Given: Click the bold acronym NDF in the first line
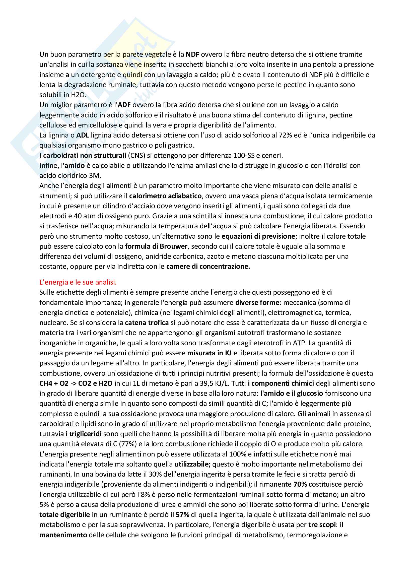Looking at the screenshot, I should click(192, 54).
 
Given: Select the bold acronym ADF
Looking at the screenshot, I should click(124, 105).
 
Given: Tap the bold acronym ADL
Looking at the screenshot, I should click(83, 135).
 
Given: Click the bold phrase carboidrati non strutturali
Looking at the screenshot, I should click(85, 155).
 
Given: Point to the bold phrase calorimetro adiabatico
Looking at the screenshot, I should click(165, 196).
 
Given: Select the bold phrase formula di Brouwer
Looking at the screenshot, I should click(156, 246).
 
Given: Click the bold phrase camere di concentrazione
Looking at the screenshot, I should click(208, 267).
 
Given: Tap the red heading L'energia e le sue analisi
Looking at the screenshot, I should click(78, 282).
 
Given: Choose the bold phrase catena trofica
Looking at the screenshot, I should click(147, 323).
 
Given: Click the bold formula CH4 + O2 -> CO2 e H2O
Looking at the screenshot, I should click(76, 383).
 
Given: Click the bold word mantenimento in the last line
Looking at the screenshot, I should click(63, 535).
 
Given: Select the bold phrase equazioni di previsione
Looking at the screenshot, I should click(258, 236).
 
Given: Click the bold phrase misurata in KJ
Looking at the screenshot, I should click(209, 353).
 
